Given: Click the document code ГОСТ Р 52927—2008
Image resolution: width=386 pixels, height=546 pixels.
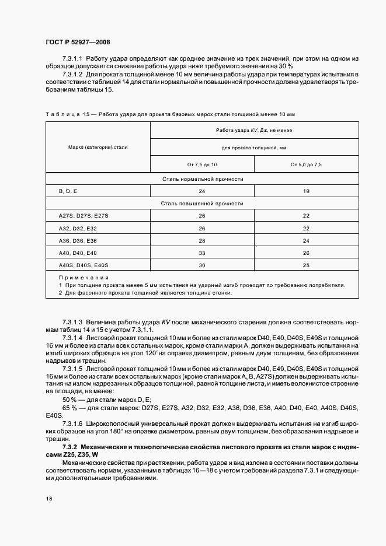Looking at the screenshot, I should pos(77,42).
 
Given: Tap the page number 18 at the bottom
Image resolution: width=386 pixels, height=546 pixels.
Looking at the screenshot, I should pos(49,499).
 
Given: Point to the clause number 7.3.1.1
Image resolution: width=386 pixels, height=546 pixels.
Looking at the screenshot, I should pos(72,60).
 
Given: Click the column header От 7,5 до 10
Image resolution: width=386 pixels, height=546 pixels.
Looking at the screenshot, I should pos(201,165).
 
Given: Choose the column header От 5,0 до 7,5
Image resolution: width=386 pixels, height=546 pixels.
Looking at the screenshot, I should pos(306,165).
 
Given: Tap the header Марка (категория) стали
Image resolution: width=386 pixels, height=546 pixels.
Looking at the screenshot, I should pos(98,147).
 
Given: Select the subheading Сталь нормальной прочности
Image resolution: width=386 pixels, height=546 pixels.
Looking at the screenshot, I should pos(202,179).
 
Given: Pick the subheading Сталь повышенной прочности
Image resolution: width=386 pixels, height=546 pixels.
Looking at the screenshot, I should pos(202,204).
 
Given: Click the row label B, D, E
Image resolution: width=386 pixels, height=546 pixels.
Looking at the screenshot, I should pos(68,191).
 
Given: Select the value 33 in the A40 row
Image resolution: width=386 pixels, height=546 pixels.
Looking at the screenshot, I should pos(202,253).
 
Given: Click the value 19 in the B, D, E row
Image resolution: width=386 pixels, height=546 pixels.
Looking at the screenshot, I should pos(306,191).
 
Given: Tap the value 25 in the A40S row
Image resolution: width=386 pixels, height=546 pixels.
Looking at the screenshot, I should pos(306,265).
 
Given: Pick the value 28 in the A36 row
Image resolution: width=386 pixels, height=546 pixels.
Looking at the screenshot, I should pos(202,240).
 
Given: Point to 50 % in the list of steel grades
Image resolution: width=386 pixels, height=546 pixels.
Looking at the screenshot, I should pos(69,398).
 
